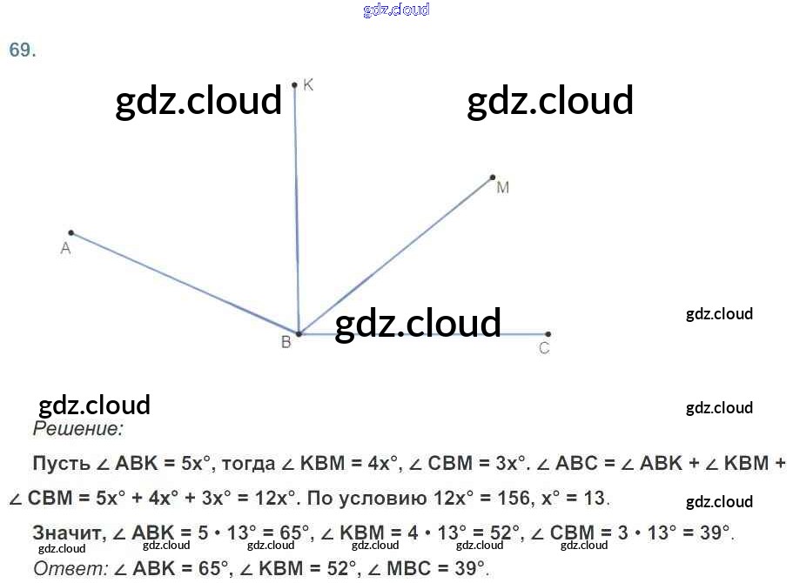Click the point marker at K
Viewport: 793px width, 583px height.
click(x=295, y=85)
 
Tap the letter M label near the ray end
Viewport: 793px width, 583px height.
click(x=502, y=188)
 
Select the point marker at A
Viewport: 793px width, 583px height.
click(x=71, y=233)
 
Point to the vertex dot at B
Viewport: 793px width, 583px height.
click(x=299, y=334)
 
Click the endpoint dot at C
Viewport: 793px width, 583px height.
click(x=548, y=334)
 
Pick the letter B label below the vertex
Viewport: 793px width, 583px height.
click(x=286, y=344)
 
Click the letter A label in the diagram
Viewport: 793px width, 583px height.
click(x=65, y=250)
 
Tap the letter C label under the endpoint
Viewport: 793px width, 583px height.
click(x=544, y=349)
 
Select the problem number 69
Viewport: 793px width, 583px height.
click(x=22, y=50)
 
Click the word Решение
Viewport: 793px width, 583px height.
click(x=78, y=429)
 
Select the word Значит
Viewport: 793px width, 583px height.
click(x=68, y=533)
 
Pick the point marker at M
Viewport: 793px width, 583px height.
click(x=493, y=178)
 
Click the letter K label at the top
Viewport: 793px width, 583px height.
click(x=308, y=84)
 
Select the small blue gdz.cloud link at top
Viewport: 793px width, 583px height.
click(x=396, y=10)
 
